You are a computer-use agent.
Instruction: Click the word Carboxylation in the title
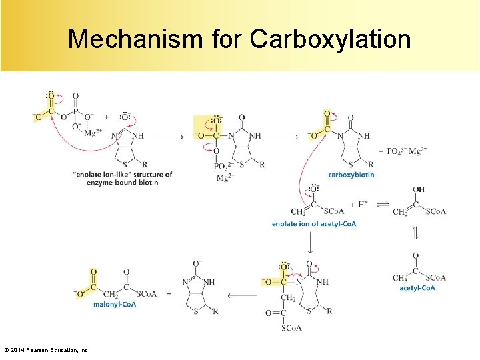330,39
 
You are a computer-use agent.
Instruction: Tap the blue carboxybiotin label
351,175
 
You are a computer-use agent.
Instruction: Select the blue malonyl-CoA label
115,304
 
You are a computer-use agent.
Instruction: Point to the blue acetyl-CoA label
417,288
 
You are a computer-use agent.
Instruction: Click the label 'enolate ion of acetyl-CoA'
314,224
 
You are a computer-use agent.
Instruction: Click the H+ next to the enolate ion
363,204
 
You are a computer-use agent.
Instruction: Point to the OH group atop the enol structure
419,189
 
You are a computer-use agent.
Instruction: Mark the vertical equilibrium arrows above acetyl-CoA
416,234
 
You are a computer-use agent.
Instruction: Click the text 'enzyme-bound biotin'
122,183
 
